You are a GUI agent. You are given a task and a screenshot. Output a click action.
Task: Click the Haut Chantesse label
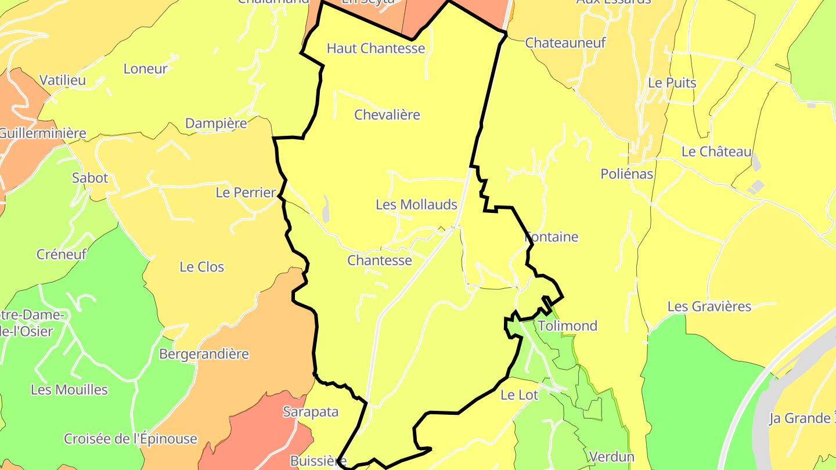click(x=376, y=48)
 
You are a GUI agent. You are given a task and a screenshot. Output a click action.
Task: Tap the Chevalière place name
click(x=387, y=115)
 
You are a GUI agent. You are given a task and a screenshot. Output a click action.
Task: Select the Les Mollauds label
click(x=416, y=205)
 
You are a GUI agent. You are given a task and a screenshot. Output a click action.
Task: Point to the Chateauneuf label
click(x=565, y=43)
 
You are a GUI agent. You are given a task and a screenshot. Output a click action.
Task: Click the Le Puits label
click(x=672, y=83)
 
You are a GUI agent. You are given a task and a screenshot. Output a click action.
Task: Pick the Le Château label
click(x=716, y=152)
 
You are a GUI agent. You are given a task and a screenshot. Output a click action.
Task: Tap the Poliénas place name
click(x=626, y=174)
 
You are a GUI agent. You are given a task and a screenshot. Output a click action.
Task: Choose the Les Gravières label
click(x=709, y=306)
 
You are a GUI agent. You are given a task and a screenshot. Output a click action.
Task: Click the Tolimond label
click(x=567, y=326)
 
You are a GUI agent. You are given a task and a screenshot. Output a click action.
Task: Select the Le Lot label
click(x=519, y=395)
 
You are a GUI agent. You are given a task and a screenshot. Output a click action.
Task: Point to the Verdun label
click(x=611, y=457)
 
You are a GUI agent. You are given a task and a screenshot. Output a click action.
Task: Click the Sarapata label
click(x=310, y=412)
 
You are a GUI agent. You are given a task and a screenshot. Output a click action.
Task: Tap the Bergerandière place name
click(x=204, y=354)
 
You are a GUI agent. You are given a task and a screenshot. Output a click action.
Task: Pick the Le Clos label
click(x=201, y=267)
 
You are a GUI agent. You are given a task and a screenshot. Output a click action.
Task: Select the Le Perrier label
click(x=245, y=193)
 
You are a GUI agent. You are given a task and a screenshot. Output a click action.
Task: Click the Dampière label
click(x=215, y=124)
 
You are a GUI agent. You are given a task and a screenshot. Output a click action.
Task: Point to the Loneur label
click(x=145, y=69)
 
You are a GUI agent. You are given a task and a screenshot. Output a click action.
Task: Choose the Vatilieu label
click(x=62, y=80)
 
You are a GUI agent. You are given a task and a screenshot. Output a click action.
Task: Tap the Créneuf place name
click(x=61, y=254)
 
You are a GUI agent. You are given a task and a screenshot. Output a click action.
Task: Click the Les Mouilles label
click(x=69, y=389)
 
